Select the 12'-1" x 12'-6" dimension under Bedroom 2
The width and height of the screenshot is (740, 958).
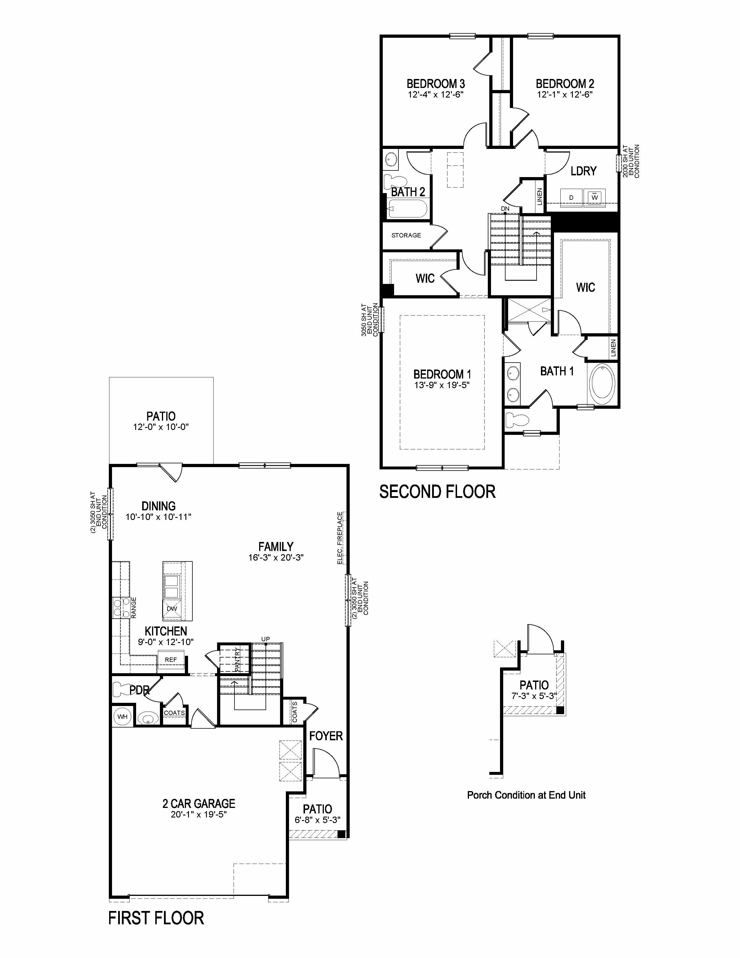click(565, 95)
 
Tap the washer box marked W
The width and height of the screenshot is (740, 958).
click(594, 197)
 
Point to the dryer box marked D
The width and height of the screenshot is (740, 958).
click(571, 197)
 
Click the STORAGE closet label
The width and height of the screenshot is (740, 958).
click(406, 235)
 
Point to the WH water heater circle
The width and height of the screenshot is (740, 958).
click(122, 717)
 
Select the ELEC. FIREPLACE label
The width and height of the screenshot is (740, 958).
click(340, 538)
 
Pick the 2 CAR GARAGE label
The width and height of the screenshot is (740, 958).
click(198, 804)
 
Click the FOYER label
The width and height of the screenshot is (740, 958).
click(326, 736)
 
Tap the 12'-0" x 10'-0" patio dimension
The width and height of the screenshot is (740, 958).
click(161, 427)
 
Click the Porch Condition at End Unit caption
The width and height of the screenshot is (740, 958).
click(526, 795)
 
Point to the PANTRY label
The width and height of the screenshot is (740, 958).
click(237, 659)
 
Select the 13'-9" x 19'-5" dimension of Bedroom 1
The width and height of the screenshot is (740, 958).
click(442, 385)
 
